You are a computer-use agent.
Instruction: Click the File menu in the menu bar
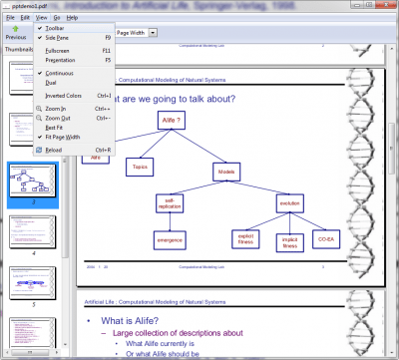point(8,18)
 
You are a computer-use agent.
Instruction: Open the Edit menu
point(24,18)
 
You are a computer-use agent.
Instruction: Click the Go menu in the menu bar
point(57,18)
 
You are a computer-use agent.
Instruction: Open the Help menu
point(73,18)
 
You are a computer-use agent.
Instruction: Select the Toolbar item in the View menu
point(55,28)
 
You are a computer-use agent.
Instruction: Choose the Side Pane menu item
point(57,38)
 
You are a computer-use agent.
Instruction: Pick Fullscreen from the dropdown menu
point(57,50)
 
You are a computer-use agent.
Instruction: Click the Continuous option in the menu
point(60,73)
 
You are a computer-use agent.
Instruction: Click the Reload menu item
point(54,151)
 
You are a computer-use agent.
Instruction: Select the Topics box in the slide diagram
point(142,169)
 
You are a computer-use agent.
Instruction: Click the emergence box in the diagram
point(170,239)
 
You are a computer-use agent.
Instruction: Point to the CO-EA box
point(326,238)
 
